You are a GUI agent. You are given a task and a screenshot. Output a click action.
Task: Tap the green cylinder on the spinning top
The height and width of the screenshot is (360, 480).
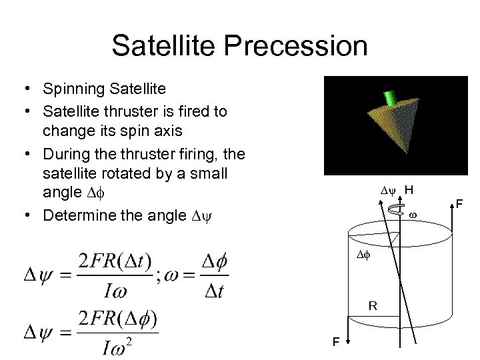coord(390,99)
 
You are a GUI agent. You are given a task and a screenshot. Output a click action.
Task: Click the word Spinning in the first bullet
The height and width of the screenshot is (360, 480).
coord(71,89)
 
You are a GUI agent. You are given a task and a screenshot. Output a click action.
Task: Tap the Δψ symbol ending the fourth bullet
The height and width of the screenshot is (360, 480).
coord(199,216)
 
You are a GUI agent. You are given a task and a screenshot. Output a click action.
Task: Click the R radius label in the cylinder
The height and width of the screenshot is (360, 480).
coord(373,306)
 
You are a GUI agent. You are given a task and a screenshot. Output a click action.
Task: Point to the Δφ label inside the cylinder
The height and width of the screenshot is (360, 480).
coord(362,255)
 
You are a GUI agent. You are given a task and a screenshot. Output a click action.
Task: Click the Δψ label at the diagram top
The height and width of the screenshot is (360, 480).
coord(388,191)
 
